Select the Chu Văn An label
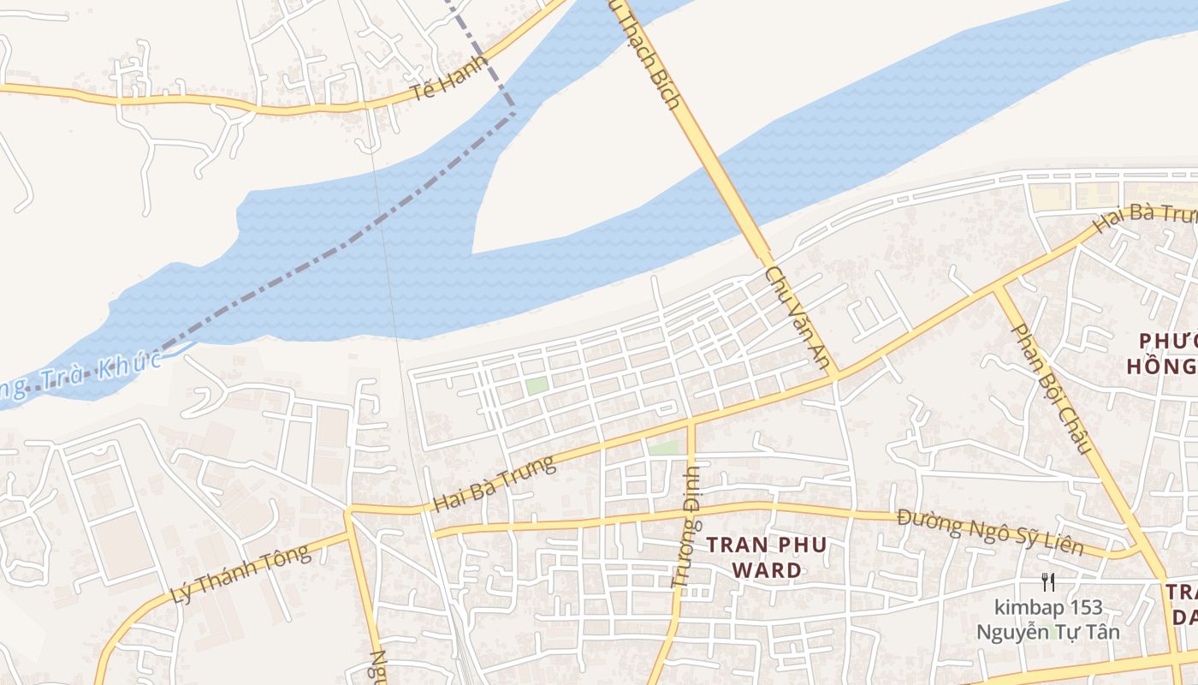(798, 319)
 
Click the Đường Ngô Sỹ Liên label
(990, 532)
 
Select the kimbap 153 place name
(1048, 609)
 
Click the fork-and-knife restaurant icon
(1047, 583)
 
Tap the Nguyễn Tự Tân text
(1048, 633)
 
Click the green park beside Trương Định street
(663, 448)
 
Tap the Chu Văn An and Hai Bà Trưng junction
(836, 375)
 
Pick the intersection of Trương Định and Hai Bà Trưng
(691, 421)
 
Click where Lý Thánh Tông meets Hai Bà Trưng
(348, 512)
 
